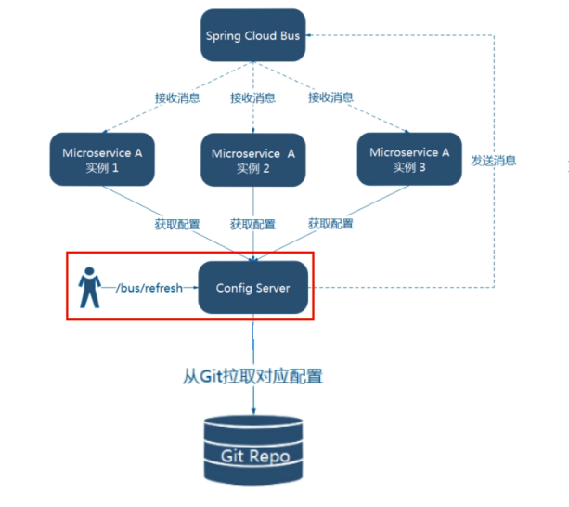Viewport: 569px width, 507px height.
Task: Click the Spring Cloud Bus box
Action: pyautogui.click(x=252, y=36)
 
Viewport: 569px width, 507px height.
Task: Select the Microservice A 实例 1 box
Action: pyautogui.click(x=101, y=159)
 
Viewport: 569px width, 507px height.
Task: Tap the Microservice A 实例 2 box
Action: pyautogui.click(x=252, y=160)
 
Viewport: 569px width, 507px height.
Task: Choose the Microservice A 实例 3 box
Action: pyautogui.click(x=408, y=159)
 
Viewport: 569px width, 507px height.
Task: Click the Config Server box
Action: pyautogui.click(x=252, y=288)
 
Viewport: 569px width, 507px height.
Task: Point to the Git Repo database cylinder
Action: pyautogui.click(x=252, y=448)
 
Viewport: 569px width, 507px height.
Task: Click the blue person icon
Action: pyautogui.click(x=89, y=287)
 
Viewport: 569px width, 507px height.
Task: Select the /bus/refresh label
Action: pyautogui.click(x=149, y=288)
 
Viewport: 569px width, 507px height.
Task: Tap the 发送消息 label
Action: pyautogui.click(x=494, y=161)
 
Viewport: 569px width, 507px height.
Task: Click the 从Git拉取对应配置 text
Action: pyautogui.click(x=252, y=377)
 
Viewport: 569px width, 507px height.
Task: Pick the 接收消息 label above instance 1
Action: pyautogui.click(x=175, y=97)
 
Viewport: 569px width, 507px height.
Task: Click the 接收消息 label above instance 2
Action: pyautogui.click(x=252, y=97)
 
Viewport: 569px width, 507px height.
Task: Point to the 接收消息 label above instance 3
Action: pyautogui.click(x=330, y=97)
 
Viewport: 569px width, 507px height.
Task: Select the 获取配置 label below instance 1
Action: pyautogui.click(x=175, y=224)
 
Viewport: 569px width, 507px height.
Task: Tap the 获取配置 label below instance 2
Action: pyautogui.click(x=252, y=224)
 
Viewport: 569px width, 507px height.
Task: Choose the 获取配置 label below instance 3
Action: pyautogui.click(x=330, y=224)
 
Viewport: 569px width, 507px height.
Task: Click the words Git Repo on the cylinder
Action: pyautogui.click(x=252, y=456)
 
